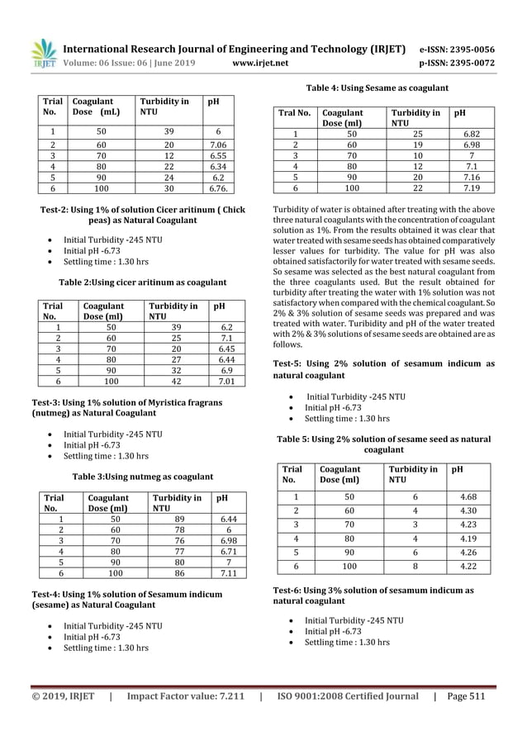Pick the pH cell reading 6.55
[x=219, y=154]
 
